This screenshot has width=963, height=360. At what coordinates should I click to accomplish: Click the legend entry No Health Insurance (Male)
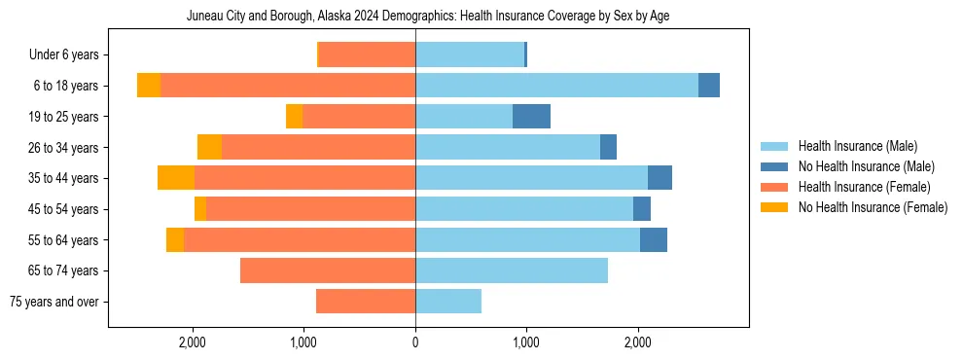point(866,166)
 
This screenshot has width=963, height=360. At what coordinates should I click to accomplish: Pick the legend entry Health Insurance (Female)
point(864,187)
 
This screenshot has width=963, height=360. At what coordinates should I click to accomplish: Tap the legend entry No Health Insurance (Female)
point(873,207)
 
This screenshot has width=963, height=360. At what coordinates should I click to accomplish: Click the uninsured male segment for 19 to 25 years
point(531,117)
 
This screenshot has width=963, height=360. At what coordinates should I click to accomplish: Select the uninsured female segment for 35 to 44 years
point(176,178)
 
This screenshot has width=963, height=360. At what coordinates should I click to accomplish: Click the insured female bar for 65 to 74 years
point(328,270)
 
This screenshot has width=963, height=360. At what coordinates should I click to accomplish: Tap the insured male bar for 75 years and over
point(448,302)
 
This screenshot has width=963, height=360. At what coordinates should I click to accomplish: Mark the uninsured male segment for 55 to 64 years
point(654,239)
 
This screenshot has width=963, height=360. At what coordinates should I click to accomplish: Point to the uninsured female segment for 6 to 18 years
point(149,86)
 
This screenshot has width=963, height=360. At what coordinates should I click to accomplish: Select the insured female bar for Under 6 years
point(367,55)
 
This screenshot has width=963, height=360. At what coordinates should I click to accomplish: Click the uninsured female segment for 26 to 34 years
point(209,147)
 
